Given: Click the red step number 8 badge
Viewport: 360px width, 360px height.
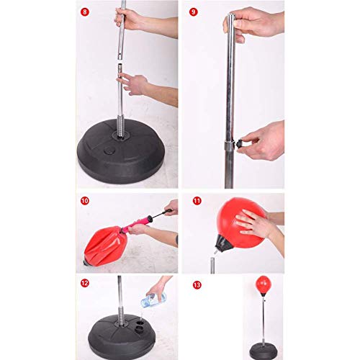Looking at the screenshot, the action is coord(84,12).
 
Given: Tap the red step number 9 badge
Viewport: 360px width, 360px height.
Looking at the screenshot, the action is coord(194,12).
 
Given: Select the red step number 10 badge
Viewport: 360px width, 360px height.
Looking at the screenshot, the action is coord(84,201).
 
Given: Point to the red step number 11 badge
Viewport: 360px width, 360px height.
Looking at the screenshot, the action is coord(197,201).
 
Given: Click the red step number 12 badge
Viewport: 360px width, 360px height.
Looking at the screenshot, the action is coord(84,283).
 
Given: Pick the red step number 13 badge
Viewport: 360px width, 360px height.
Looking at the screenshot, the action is coord(197,285).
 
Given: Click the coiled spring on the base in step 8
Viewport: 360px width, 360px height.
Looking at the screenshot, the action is coord(120,127).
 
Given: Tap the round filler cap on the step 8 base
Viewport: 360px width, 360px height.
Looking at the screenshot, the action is coord(109,150).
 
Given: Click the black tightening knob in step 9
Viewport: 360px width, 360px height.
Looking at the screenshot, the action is coord(240,144).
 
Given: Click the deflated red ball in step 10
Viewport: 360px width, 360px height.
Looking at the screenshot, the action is coord(103,246).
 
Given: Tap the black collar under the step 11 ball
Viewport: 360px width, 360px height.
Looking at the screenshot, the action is coord(222,244).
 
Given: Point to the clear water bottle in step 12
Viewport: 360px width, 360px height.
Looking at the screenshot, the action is coord(153,300).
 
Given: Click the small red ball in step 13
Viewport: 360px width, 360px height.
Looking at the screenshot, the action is coord(264,284).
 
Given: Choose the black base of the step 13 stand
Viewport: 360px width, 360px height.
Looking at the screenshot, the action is coord(264,352).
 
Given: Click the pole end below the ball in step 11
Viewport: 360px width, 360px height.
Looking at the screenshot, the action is coord(212,266).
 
